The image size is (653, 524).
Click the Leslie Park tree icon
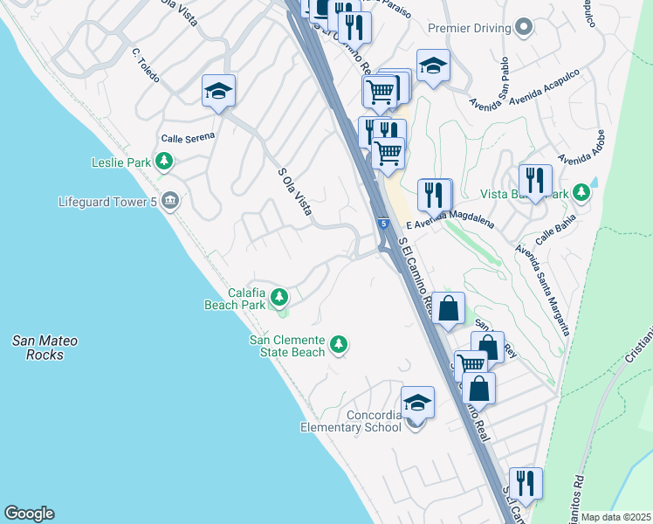click(163, 162)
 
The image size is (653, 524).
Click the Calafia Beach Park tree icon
click(279, 299)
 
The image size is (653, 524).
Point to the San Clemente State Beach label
click(287, 346)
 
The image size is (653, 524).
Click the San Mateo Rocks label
click(45, 348)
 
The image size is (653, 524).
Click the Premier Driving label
click(469, 28)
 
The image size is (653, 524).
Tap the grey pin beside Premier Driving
click(524, 28)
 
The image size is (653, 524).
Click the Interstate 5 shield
click(383, 224)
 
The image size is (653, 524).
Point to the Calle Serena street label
click(188, 138)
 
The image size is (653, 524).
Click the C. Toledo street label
click(145, 65)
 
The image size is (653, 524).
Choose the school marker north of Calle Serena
click(219, 91)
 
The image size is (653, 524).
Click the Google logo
click(29, 514)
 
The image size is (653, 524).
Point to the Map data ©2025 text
click(616, 517)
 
